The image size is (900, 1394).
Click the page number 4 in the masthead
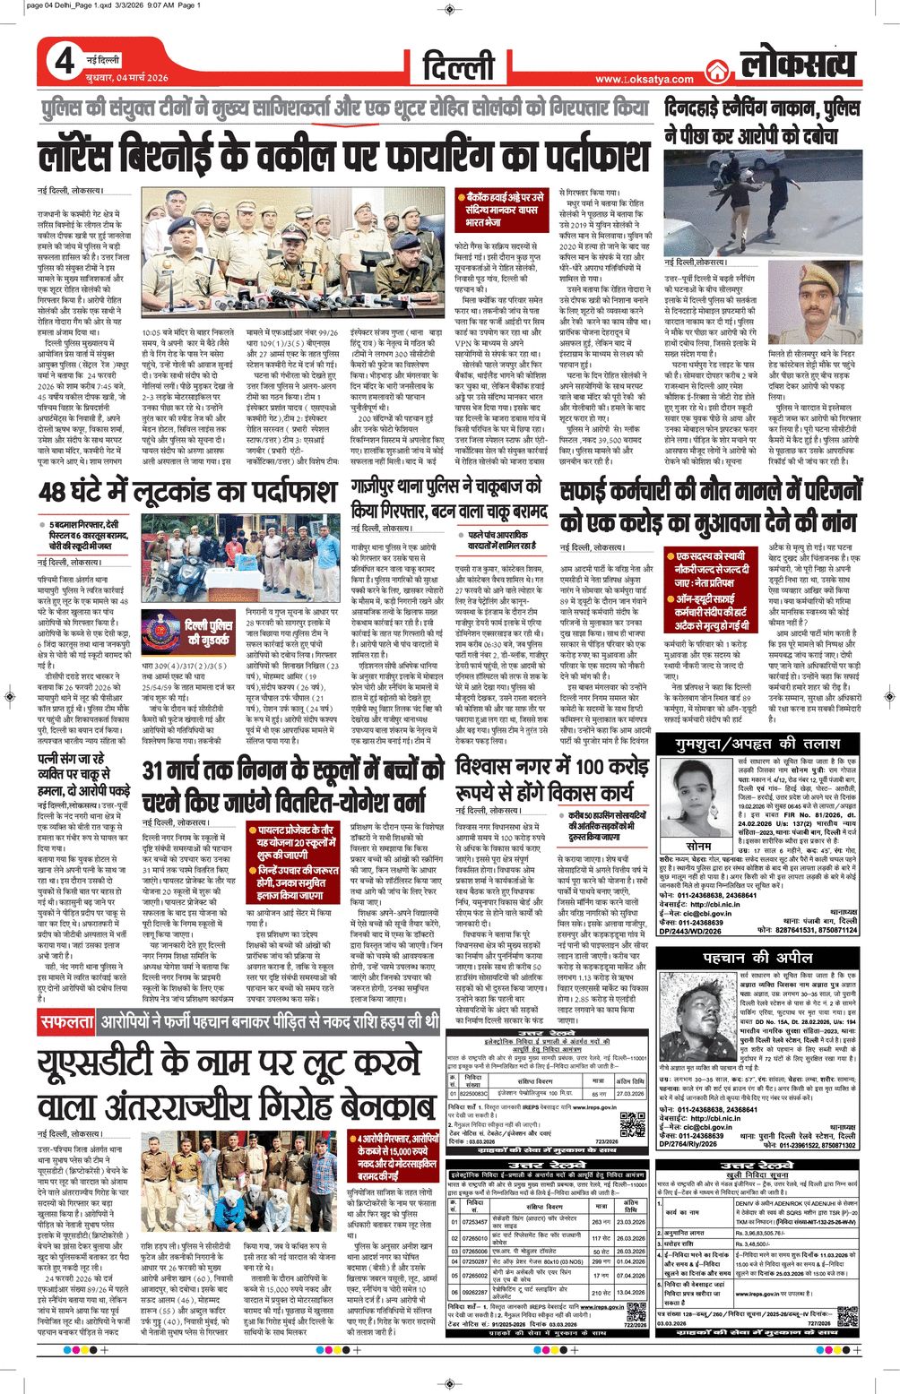[x=64, y=62]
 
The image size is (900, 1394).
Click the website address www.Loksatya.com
[x=644, y=79]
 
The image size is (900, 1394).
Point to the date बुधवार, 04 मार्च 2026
[x=126, y=78]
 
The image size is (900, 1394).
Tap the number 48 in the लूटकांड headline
[x=52, y=492]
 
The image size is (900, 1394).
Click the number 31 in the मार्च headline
[x=155, y=770]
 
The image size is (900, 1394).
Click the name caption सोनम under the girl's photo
[x=697, y=846]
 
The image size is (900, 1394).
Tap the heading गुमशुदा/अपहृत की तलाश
[x=757, y=744]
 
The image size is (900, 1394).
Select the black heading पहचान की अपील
[x=757, y=957]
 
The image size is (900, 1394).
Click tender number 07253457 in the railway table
[x=474, y=1221]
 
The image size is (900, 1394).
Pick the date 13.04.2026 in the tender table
[x=630, y=1293]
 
